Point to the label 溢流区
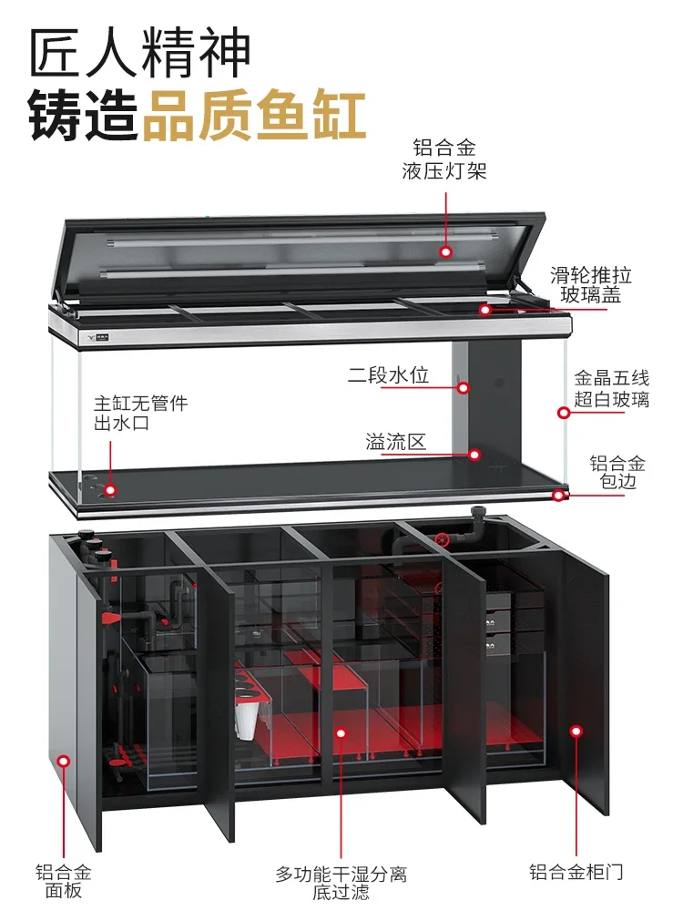395,443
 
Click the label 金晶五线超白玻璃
611,389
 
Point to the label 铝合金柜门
576,872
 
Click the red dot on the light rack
445,251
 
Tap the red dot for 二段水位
463,387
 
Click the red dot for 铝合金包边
557,496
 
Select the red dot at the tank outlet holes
110,490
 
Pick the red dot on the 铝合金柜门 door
576,730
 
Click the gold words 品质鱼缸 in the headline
254,116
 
